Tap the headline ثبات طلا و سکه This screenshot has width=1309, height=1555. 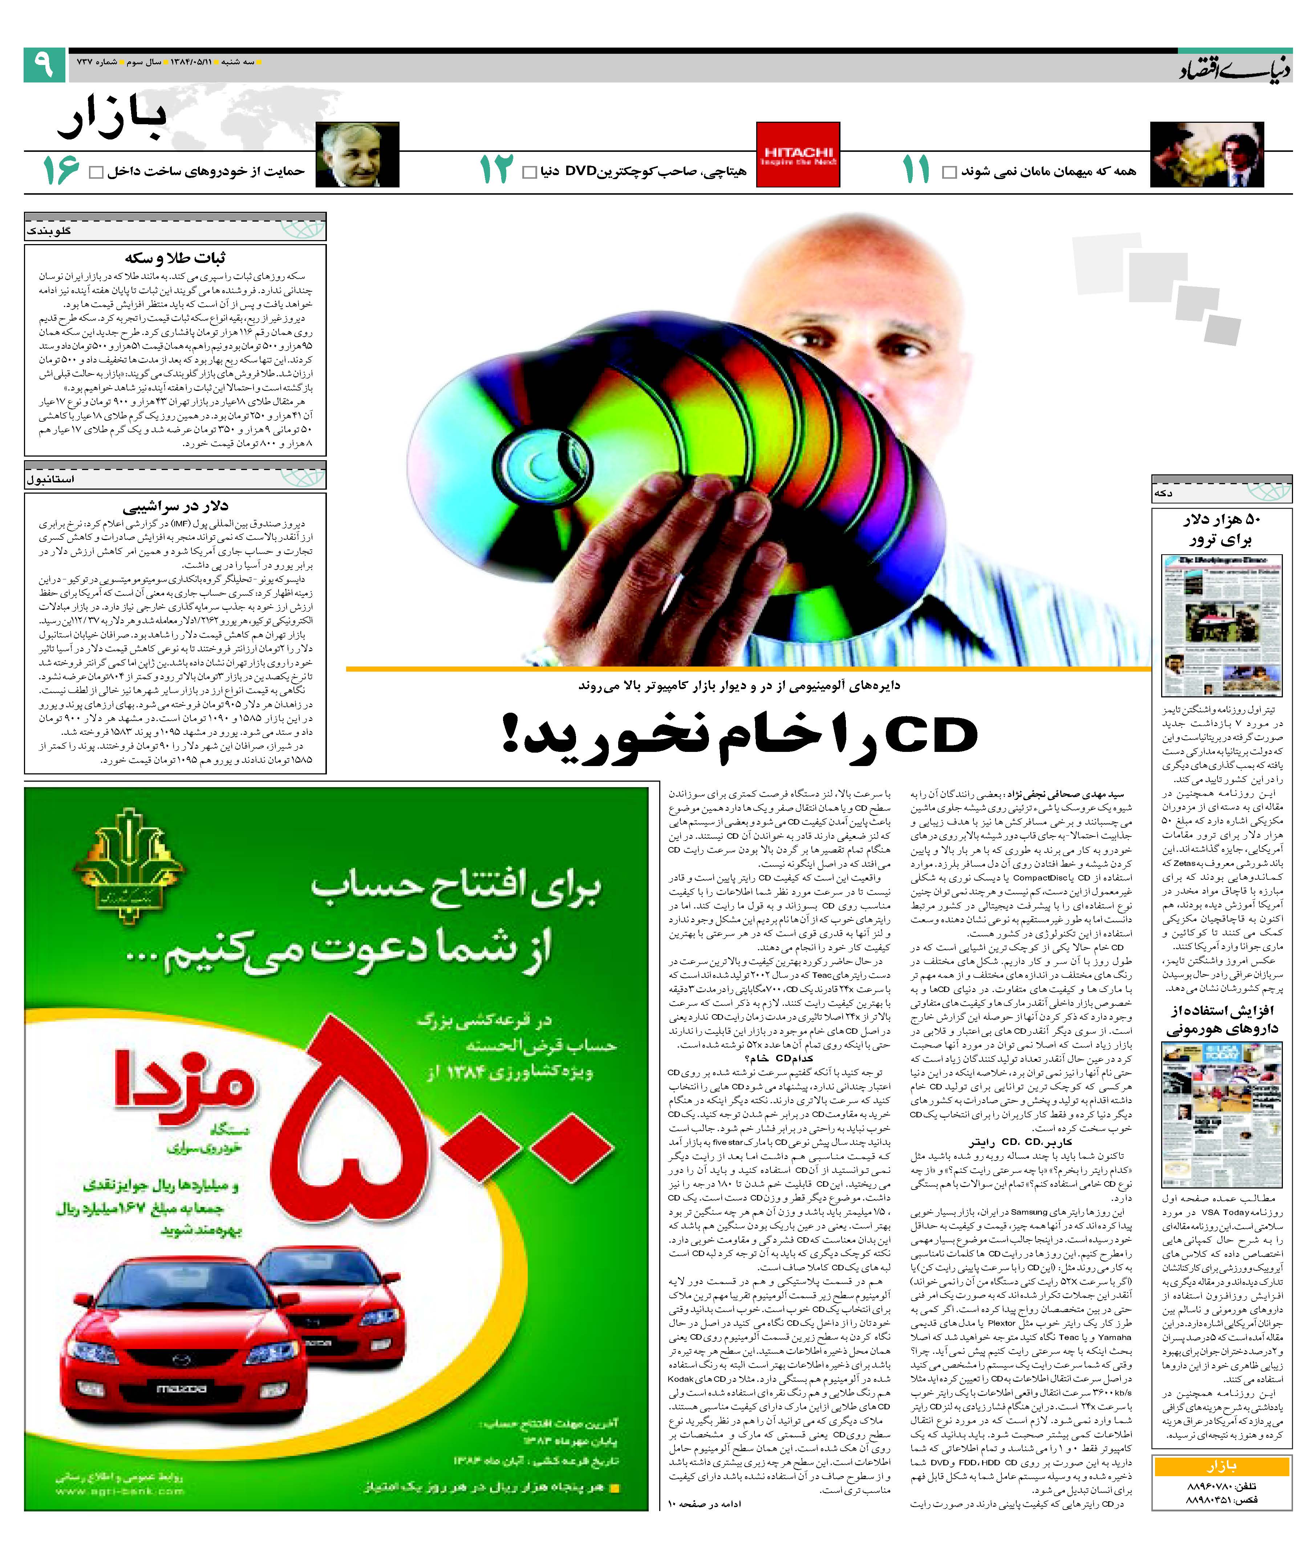tap(175, 258)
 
